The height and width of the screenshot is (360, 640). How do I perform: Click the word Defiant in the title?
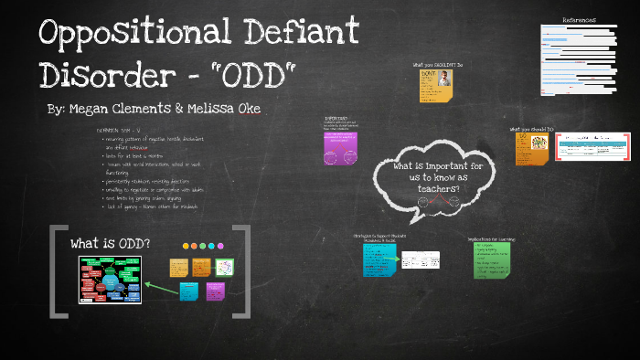[x=302, y=37]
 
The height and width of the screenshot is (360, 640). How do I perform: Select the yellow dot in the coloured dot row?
[x=187, y=246]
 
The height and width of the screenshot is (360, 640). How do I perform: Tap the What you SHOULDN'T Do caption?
[x=438, y=64]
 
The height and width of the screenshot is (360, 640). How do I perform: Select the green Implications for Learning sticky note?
[x=492, y=259]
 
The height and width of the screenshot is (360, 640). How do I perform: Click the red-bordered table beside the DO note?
[x=593, y=146]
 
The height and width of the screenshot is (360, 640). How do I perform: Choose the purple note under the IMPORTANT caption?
[x=341, y=149]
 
